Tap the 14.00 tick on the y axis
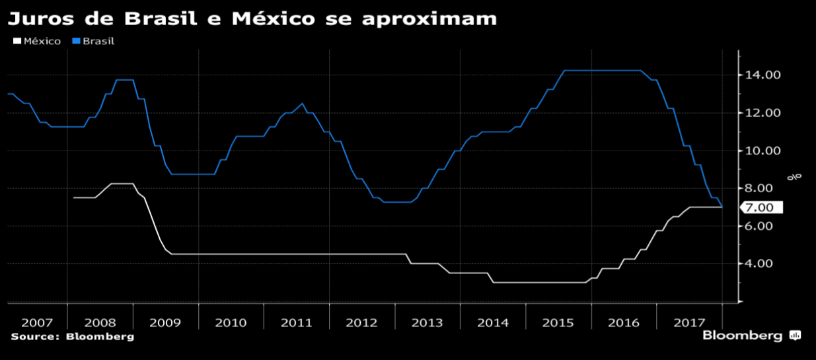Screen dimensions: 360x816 click(x=763, y=75)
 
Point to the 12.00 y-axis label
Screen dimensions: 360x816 click(x=763, y=113)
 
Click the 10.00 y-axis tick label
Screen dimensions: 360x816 click(x=763, y=151)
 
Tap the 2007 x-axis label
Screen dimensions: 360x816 click(x=37, y=322)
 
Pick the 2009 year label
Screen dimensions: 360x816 click(x=165, y=322)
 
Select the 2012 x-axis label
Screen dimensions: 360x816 click(x=361, y=322)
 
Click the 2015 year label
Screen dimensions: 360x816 click(x=558, y=322)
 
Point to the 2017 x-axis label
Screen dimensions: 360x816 click(x=688, y=322)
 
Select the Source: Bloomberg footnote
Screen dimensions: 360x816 click(x=72, y=336)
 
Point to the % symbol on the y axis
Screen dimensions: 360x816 click(x=797, y=176)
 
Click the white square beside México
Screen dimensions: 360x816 click(x=17, y=41)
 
